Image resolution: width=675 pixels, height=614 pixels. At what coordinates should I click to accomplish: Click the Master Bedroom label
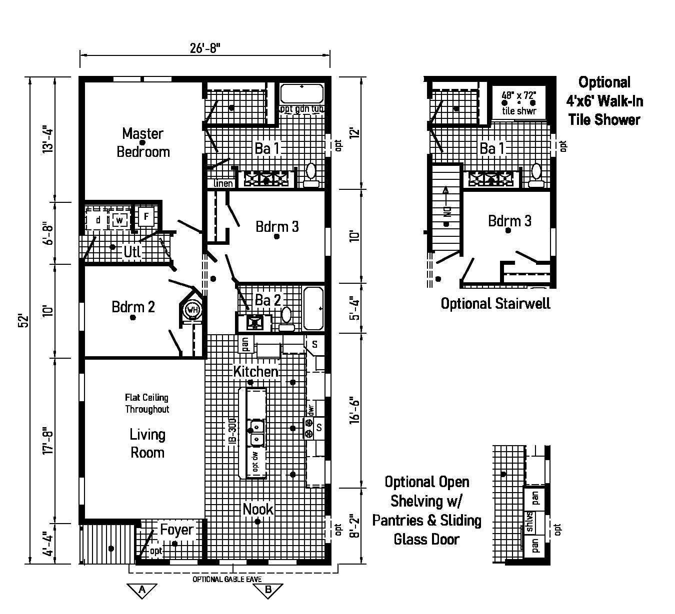coord(143,142)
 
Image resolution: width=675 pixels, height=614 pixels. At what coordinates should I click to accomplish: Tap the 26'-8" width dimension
coord(205,48)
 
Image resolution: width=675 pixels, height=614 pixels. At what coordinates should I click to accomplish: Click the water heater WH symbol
coord(192,310)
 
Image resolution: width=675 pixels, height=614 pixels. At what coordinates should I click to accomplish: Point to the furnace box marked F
coord(146,217)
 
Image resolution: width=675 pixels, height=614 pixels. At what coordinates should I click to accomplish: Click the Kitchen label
coord(255,371)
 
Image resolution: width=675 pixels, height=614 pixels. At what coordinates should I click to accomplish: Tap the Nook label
coord(258,509)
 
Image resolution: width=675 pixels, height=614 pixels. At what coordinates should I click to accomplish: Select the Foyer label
coord(176,530)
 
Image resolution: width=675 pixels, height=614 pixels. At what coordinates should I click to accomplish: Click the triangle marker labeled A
coord(142,590)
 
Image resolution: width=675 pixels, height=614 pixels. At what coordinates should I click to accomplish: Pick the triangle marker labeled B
coord(268,590)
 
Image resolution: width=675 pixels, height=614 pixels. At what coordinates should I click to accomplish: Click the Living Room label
coord(147,443)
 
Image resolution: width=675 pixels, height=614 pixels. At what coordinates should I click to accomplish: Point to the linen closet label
coord(223,183)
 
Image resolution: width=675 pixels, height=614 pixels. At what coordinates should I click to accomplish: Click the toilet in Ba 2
coord(286,317)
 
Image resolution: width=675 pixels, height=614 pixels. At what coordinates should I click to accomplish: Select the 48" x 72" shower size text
coord(519,94)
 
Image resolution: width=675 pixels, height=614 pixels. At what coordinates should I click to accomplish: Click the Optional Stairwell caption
coord(495,303)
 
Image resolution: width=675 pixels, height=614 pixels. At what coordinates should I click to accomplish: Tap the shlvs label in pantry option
coord(529,523)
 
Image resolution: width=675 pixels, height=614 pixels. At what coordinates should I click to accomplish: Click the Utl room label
coord(132,252)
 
